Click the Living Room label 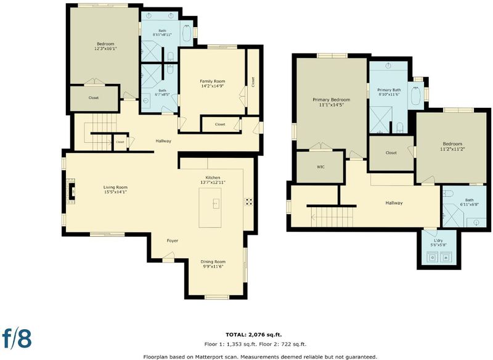click(x=115, y=187)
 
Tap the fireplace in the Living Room click(x=71, y=191)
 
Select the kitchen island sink click(x=216, y=203)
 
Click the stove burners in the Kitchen click(x=249, y=202)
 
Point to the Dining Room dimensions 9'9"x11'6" click(x=213, y=266)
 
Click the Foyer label click(x=173, y=240)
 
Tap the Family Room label click(x=213, y=81)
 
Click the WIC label click(x=320, y=167)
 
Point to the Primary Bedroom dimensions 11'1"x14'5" click(x=331, y=105)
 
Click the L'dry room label click(x=438, y=240)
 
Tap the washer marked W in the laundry click(x=446, y=258)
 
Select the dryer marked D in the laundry click(x=433, y=258)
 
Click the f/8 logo click(x=17, y=338)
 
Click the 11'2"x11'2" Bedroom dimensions click(x=452, y=149)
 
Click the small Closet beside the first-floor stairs click(x=120, y=142)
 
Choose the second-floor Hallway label click(x=394, y=203)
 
